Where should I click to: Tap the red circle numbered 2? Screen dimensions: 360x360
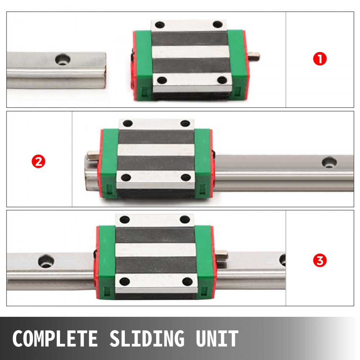(39, 161)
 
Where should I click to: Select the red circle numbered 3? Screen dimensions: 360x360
(320, 260)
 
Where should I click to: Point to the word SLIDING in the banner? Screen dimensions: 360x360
(147, 339)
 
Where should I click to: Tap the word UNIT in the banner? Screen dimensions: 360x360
(217, 339)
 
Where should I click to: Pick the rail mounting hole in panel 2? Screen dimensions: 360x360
(329, 162)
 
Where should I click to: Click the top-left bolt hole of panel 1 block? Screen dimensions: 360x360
(160, 25)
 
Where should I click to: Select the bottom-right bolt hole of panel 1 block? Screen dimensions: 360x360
(222, 80)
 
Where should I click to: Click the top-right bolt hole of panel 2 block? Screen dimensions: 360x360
(185, 123)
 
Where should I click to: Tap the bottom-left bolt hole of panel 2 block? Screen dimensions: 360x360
(126, 177)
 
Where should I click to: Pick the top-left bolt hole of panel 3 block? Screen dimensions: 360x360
(125, 219)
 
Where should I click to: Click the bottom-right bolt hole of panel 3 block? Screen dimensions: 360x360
(186, 281)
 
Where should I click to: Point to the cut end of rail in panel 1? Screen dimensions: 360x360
(105, 70)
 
